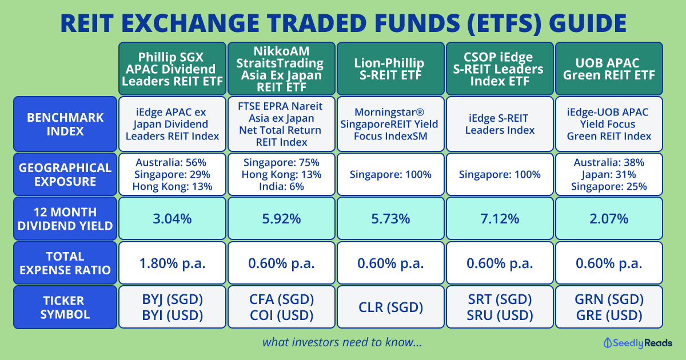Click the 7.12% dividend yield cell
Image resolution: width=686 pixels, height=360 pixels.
coord(500,218)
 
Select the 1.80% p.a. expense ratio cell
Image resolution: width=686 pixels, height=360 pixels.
coord(173,263)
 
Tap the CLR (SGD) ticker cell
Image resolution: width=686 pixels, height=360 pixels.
coord(390,307)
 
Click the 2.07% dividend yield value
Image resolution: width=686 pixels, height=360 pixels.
coord(609,218)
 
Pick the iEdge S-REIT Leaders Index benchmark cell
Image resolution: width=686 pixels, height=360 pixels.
coord(500,123)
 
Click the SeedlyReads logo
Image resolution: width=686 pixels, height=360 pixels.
coord(638,343)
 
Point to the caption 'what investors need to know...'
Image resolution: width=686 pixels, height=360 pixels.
coord(342,343)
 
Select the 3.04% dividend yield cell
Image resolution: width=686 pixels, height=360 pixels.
coord(173,218)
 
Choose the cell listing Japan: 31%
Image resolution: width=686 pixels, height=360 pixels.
coord(609,174)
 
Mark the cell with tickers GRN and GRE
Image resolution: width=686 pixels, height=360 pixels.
coord(609,307)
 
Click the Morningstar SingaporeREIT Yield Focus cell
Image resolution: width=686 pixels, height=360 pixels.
coord(390,123)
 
